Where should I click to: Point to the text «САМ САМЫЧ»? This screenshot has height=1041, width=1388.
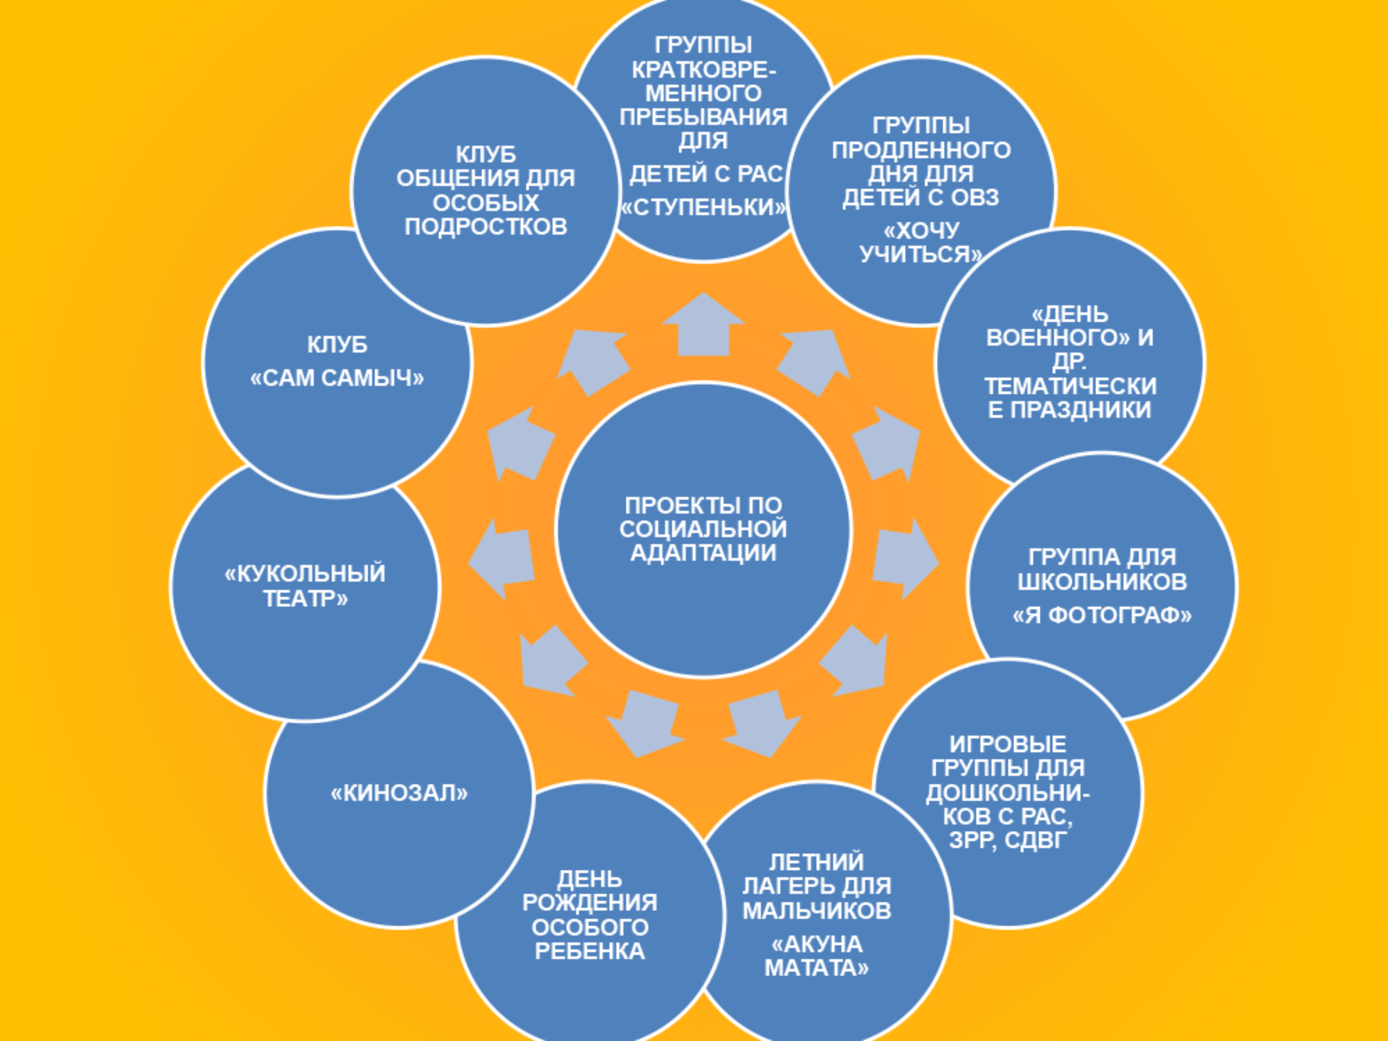click(x=337, y=378)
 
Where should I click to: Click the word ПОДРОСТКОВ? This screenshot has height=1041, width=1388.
click(x=486, y=227)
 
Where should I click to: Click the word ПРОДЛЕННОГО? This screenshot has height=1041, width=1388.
click(x=921, y=150)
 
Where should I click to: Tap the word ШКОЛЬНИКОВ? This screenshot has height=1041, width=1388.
click(x=1102, y=582)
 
